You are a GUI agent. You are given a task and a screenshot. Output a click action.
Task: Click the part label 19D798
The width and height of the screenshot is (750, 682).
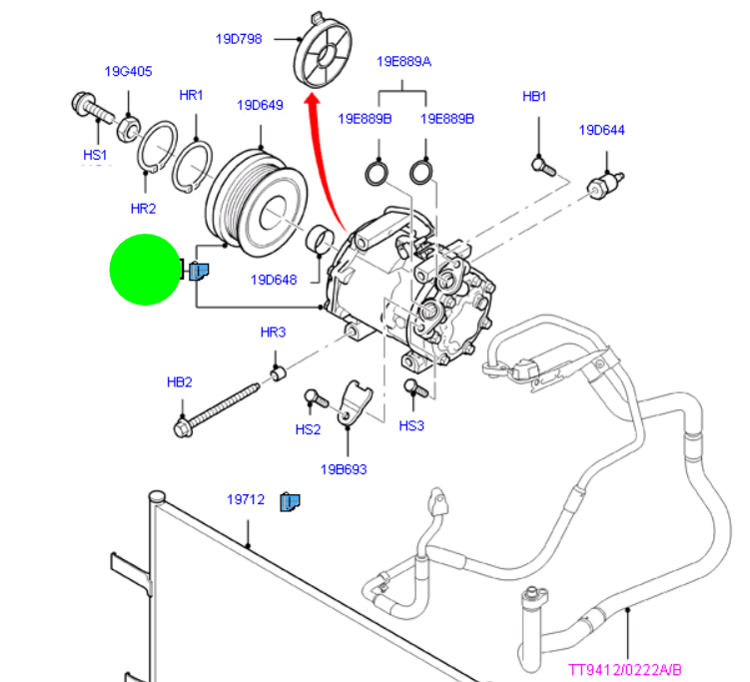[238, 40]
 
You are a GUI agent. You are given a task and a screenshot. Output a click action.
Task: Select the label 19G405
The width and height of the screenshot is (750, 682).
[128, 71]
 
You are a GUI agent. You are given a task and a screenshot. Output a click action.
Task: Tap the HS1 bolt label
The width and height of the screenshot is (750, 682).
[94, 155]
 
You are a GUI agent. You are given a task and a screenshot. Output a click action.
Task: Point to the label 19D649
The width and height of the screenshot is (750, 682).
[260, 104]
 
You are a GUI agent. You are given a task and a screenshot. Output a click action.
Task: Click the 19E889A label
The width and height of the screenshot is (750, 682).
[403, 61]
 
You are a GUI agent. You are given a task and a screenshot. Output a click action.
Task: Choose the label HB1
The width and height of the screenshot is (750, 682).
[534, 97]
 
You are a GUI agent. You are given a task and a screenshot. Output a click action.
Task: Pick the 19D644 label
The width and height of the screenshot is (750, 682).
[602, 130]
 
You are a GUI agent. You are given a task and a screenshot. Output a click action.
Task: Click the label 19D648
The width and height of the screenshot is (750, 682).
[274, 281]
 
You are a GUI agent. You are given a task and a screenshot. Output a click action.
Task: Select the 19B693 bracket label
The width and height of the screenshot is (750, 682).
[343, 468]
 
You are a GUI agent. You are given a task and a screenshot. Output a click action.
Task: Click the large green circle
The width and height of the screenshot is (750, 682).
[144, 269]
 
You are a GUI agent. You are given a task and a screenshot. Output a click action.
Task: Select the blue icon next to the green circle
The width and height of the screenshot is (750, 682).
[198, 269]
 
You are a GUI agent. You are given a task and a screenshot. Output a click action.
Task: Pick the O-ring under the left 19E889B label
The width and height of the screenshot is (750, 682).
[375, 173]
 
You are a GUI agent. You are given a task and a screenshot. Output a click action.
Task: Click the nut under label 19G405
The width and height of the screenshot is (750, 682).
[128, 128]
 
